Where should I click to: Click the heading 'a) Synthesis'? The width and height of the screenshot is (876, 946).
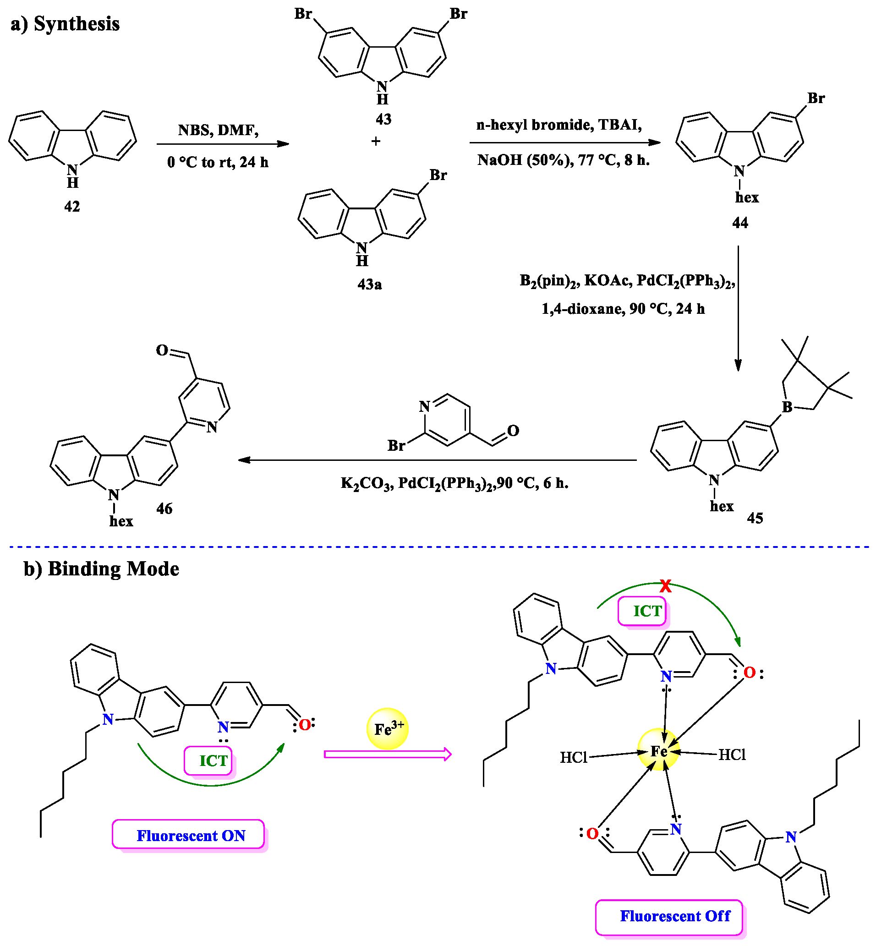(65, 24)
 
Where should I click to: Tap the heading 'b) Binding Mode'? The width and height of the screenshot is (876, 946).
(101, 569)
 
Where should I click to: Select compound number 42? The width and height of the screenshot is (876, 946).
(72, 206)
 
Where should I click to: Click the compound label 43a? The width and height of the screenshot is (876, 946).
(369, 284)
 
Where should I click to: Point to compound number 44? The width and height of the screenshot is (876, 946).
(740, 223)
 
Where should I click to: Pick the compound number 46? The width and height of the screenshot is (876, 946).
(164, 509)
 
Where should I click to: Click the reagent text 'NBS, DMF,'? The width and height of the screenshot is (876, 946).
(219, 130)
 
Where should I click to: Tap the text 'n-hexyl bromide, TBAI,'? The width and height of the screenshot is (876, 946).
(559, 125)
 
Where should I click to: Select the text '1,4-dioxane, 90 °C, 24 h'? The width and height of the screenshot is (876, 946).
(623, 309)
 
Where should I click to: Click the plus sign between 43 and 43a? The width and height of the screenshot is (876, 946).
(376, 141)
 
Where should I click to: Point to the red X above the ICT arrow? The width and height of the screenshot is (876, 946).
(666, 586)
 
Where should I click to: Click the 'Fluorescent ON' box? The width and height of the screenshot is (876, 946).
(189, 835)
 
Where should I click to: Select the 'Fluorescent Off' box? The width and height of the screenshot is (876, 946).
(669, 916)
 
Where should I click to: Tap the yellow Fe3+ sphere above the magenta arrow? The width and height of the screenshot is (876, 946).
(388, 728)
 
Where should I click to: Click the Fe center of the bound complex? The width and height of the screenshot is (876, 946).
(658, 751)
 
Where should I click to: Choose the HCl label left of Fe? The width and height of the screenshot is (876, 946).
(574, 757)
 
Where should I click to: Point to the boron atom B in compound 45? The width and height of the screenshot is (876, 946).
(787, 407)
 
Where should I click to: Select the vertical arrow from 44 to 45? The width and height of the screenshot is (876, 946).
(738, 308)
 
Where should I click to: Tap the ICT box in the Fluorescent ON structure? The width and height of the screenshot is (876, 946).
(208, 760)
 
